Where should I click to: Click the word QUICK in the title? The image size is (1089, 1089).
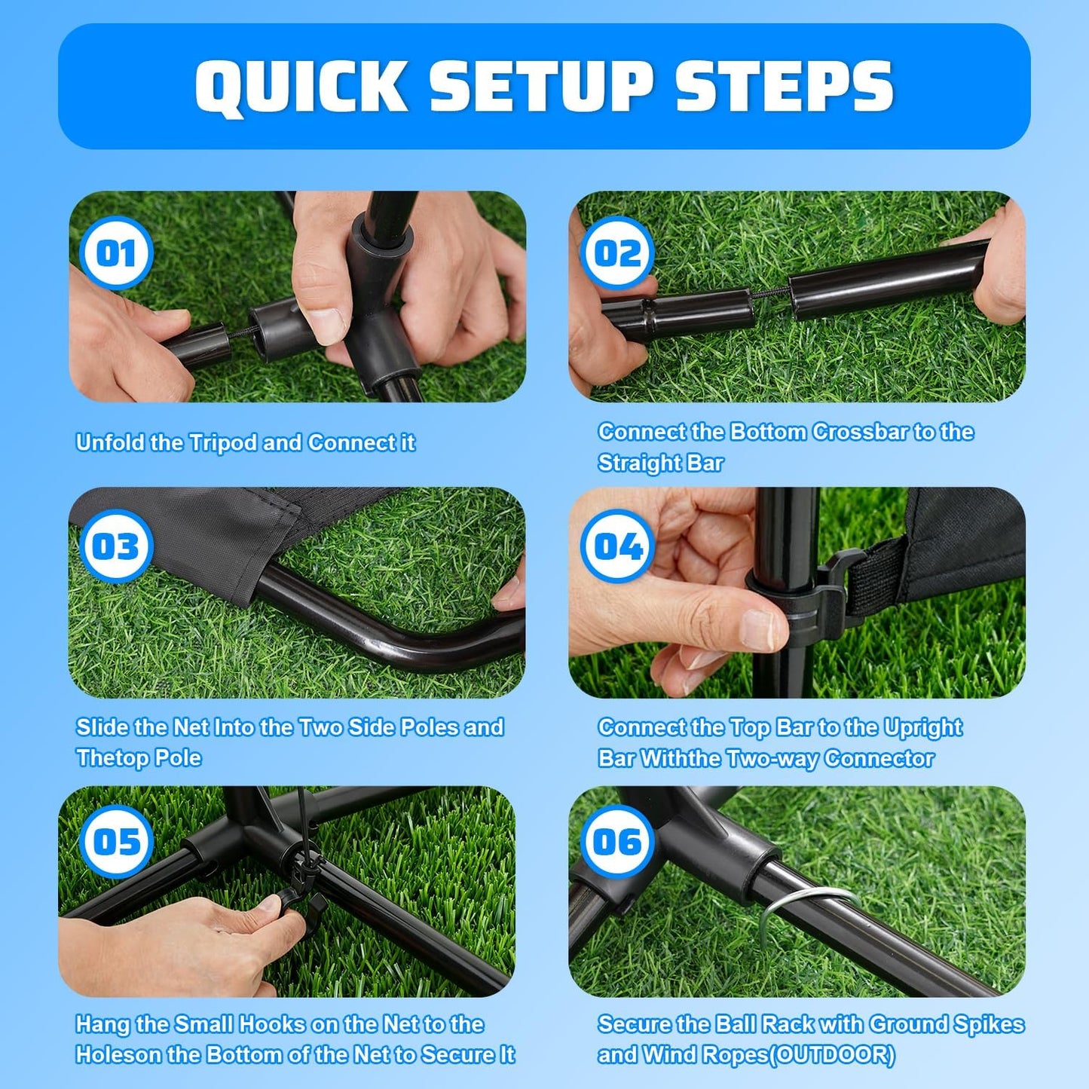[x=301, y=87]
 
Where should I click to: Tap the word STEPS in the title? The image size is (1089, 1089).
[x=784, y=87]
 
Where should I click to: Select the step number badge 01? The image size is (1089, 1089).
[x=116, y=253]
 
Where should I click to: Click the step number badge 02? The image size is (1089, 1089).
[x=617, y=253]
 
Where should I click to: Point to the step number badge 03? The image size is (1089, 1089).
[x=116, y=546]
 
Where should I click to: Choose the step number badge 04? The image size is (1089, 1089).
[x=617, y=546]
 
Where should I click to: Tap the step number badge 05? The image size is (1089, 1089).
[x=116, y=842]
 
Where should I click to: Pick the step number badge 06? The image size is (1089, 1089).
[x=617, y=842]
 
